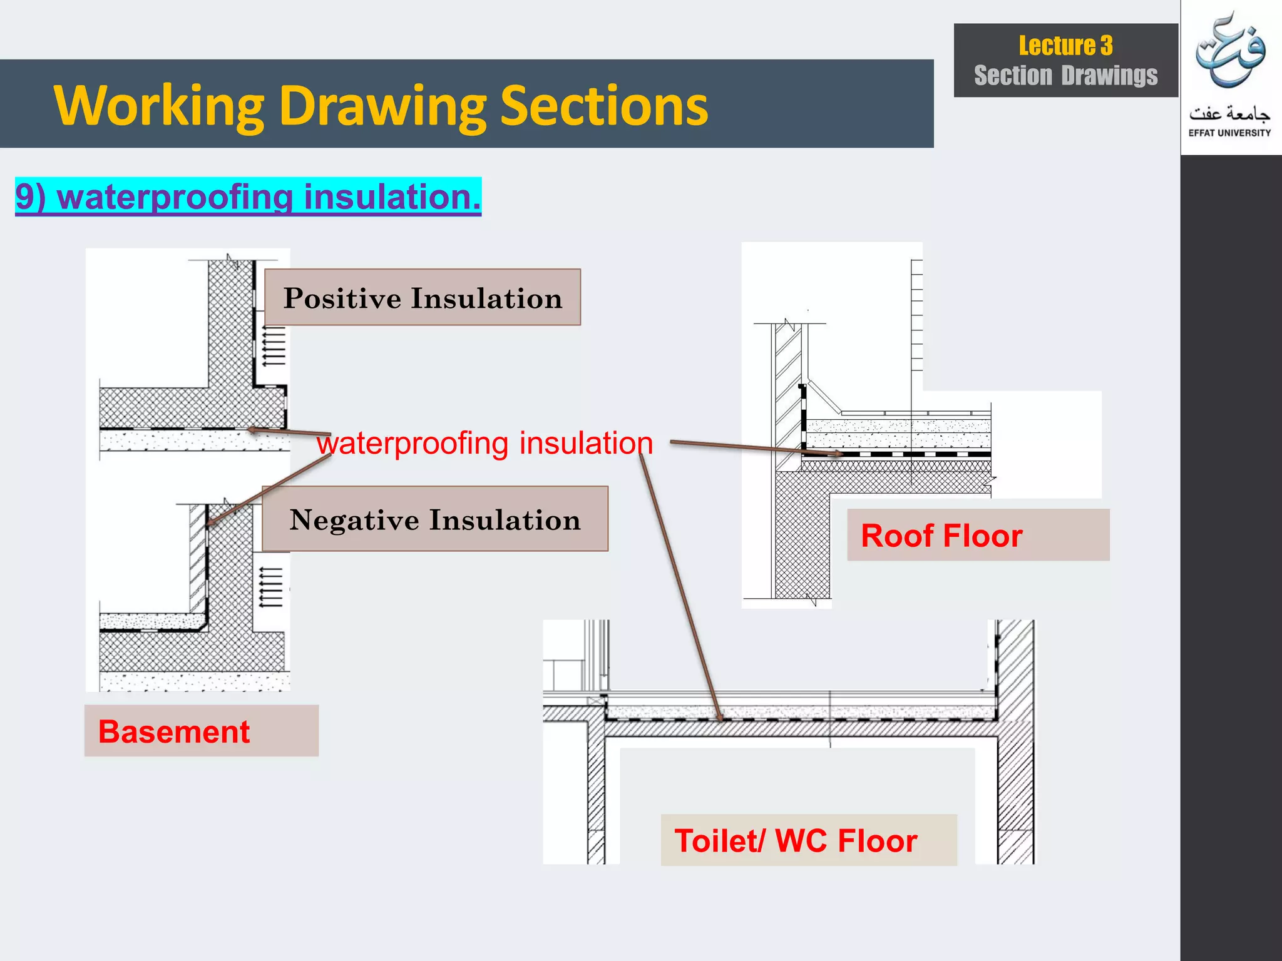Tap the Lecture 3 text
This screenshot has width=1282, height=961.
tap(1065, 46)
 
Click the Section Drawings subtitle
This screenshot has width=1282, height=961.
tap(1065, 76)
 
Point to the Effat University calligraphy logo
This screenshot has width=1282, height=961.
tap(1230, 53)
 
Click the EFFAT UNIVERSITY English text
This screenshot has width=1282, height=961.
tap(1229, 133)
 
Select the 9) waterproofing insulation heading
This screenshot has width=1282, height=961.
tap(248, 196)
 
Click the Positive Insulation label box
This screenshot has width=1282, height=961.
tap(423, 298)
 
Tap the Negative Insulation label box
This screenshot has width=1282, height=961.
tap(435, 519)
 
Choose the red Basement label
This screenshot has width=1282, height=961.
tap(174, 731)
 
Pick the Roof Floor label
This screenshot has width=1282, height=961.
tap(941, 536)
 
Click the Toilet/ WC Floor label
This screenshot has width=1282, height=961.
tap(796, 840)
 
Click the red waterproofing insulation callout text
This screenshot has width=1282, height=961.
tap(485, 443)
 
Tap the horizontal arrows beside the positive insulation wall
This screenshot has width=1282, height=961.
tap(274, 348)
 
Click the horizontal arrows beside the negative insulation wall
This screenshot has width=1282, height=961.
tap(271, 587)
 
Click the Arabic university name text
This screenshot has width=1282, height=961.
tap(1229, 113)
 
